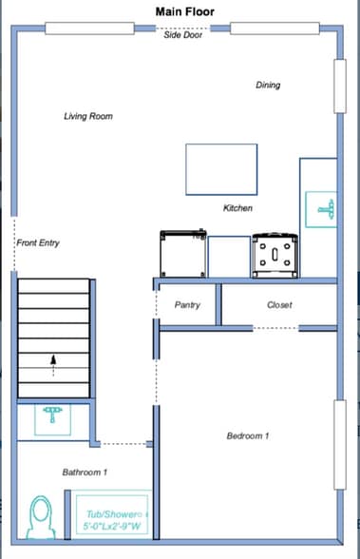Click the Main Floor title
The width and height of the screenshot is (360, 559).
click(x=185, y=11)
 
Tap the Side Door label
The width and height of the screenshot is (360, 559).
click(x=182, y=34)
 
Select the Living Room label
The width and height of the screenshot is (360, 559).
click(x=88, y=116)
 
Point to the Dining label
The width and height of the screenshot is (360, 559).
click(x=268, y=85)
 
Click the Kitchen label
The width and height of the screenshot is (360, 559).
click(x=237, y=208)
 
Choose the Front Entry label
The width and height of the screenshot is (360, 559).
click(x=38, y=242)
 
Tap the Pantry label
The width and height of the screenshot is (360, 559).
click(x=187, y=305)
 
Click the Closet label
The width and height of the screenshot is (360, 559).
click(x=279, y=305)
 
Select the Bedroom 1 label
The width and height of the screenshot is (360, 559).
click(x=248, y=435)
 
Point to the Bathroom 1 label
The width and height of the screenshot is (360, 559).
click(x=85, y=472)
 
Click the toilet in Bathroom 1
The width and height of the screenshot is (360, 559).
click(x=41, y=517)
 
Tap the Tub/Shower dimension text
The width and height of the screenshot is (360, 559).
click(x=112, y=527)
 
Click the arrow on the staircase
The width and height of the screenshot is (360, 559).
click(x=53, y=365)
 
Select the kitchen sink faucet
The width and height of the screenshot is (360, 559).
click(x=326, y=209)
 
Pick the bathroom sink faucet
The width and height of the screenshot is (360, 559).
click(x=52, y=414)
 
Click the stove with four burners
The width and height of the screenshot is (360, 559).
click(x=275, y=255)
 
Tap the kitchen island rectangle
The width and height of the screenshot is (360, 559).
click(x=221, y=169)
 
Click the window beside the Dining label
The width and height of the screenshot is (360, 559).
click(x=340, y=87)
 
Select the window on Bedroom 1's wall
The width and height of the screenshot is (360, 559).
click(x=340, y=445)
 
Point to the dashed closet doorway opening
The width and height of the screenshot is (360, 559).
click(x=275, y=328)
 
